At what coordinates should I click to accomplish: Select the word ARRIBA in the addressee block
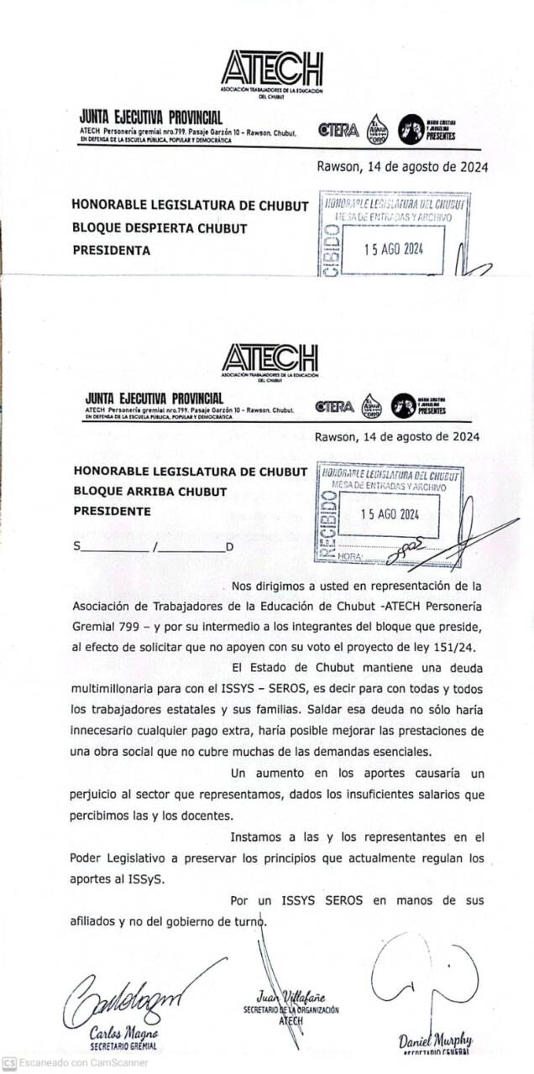[147, 492]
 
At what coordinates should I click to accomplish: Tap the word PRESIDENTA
[111, 250]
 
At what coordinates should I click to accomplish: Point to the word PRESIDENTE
[113, 511]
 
